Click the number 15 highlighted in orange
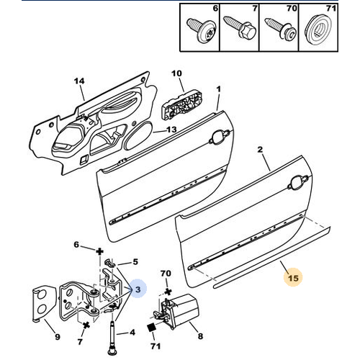(x=293, y=278)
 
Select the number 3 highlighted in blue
(x=138, y=289)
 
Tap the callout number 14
(x=79, y=81)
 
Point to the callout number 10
(x=176, y=73)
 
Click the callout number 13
(x=171, y=130)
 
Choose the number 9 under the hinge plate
(x=57, y=337)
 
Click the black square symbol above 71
(x=150, y=328)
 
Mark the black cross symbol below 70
(x=168, y=292)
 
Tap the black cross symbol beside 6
(x=99, y=252)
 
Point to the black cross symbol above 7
(x=86, y=325)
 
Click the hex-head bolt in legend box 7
(x=240, y=28)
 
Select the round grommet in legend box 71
(x=318, y=31)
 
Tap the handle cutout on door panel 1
(x=220, y=137)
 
